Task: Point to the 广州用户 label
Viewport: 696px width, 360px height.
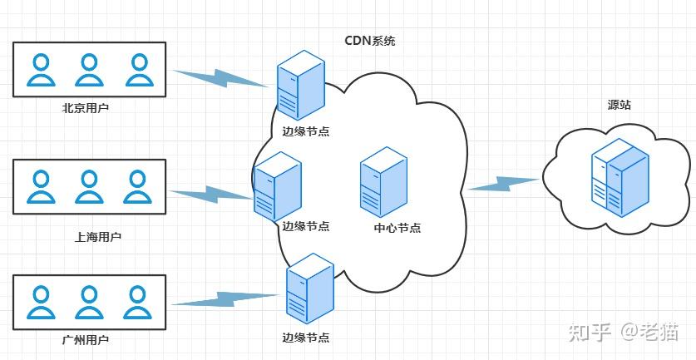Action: (86, 340)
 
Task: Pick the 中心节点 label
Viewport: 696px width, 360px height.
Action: (397, 228)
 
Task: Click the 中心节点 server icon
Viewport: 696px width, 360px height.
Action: (383, 183)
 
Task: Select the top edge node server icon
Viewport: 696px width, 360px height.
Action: (299, 86)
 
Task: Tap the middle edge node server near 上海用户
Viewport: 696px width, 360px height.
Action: (277, 186)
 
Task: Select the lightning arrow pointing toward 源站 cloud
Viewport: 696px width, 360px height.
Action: (504, 184)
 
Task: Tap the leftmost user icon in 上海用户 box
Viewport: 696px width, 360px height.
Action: (39, 186)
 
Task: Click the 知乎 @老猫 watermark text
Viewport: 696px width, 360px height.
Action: (623, 333)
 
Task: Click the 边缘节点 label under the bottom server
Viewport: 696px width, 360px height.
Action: (306, 338)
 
